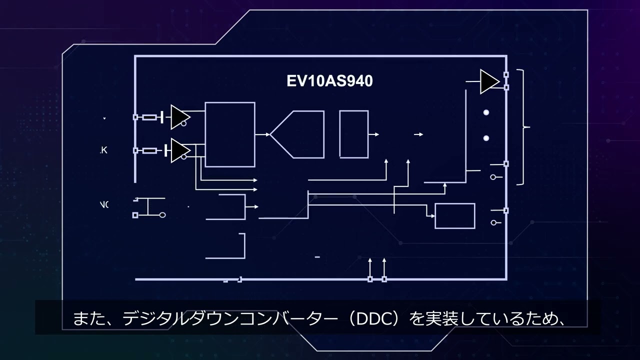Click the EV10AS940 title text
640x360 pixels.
tap(329, 81)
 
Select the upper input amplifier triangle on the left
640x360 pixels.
tap(178, 117)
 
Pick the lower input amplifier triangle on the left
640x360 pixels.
tap(179, 150)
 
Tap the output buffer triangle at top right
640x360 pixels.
tap(488, 81)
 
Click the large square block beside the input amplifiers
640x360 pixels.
tap(230, 134)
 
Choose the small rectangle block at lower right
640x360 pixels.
tap(454, 216)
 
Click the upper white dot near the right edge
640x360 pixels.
tap(486, 112)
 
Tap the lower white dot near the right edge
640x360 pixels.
tap(486, 138)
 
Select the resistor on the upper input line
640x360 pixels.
tap(149, 117)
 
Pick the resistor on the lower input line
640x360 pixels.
tap(149, 150)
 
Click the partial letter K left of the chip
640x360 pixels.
tap(104, 150)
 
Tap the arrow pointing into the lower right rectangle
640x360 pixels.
tap(432, 216)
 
